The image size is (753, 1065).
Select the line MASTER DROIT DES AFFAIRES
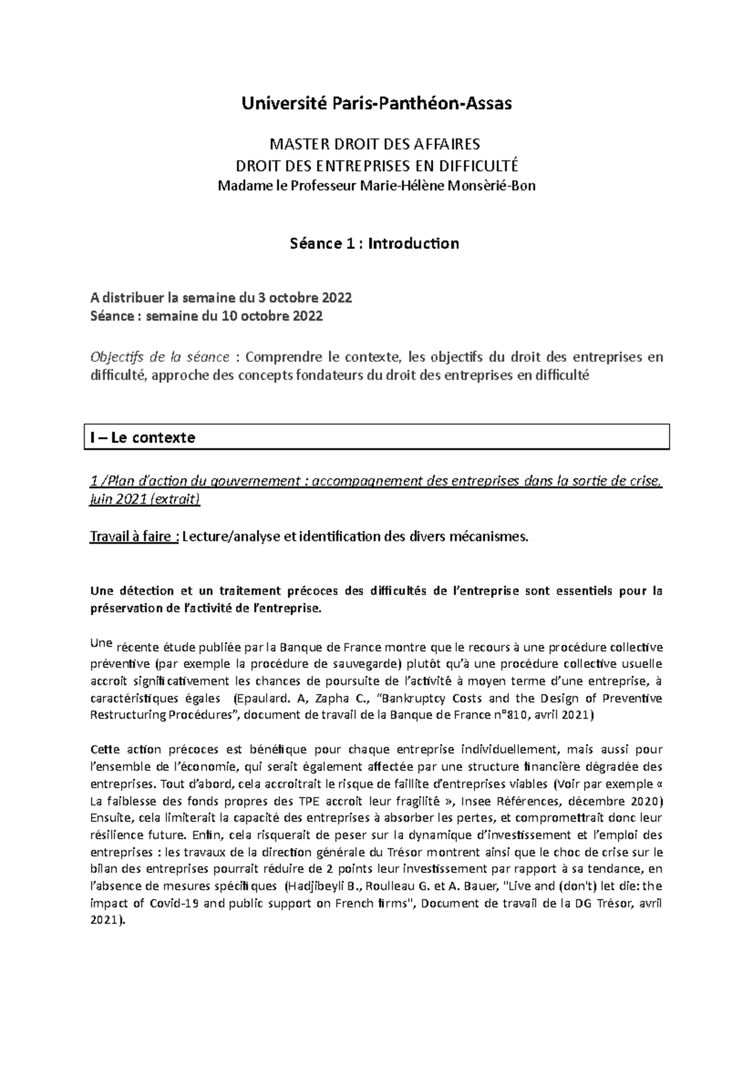pyautogui.click(x=375, y=145)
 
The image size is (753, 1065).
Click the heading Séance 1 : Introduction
pyautogui.click(x=375, y=243)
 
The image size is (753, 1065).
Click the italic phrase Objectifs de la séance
pyautogui.click(x=160, y=358)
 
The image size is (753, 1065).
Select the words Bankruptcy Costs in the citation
pyautogui.click(x=432, y=698)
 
